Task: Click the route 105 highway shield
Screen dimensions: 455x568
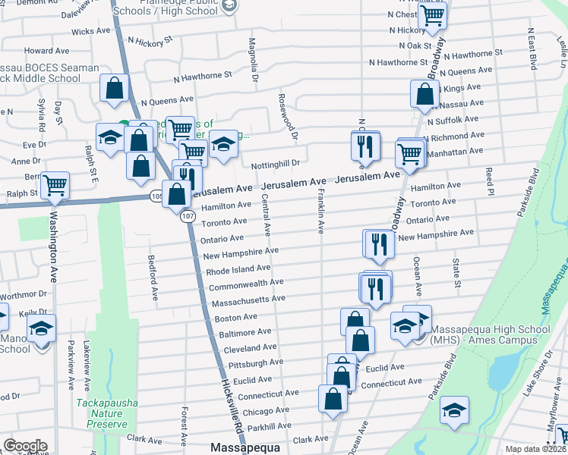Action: (156, 196)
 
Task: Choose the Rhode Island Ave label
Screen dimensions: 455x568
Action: (238, 269)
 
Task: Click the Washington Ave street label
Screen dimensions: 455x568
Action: (53, 242)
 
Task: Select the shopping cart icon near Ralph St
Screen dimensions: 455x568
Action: (55, 184)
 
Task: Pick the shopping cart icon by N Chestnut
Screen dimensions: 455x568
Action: (432, 14)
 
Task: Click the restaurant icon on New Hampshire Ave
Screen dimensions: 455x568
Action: (377, 243)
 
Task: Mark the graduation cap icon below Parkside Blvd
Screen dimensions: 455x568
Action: (455, 409)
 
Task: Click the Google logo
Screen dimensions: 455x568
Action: (25, 446)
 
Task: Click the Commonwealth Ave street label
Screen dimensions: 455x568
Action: (246, 284)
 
